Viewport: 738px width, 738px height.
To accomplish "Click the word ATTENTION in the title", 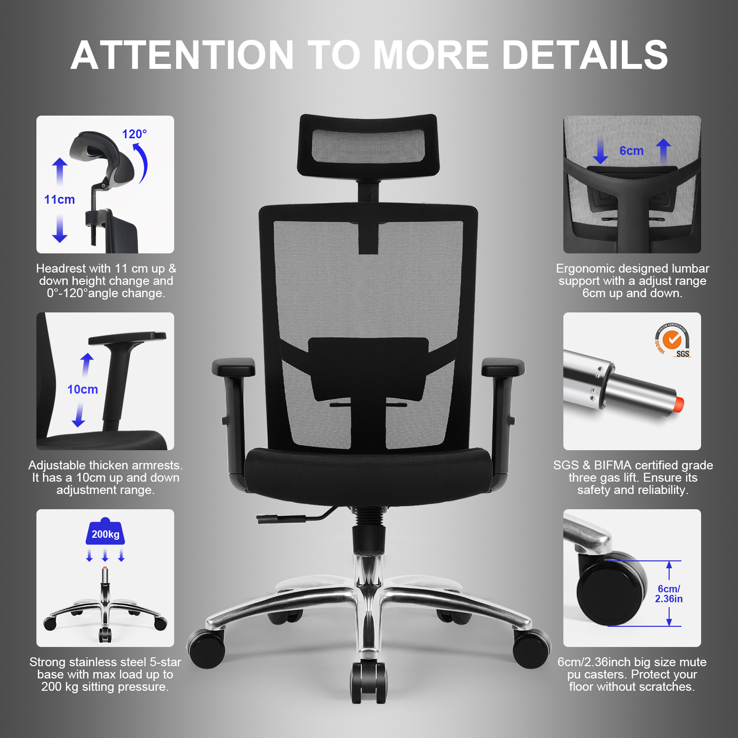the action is pos(183,55).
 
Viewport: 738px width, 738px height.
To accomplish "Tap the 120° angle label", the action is pos(134,134).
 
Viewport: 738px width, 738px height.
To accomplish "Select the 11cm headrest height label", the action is pos(60,199).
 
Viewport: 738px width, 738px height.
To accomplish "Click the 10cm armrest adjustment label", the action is pos(83,389).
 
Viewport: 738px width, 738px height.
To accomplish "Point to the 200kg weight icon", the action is pos(105,531).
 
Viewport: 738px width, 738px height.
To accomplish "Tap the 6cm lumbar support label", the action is pos(631,151).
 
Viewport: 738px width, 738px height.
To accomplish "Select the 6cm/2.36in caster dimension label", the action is pos(669,593).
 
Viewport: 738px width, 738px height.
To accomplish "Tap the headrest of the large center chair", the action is pos(368,145).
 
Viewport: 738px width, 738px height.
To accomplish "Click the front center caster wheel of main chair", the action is pos(369,681).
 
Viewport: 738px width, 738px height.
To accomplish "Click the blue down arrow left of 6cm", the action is pos(600,151).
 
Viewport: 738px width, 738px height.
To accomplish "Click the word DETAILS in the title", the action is pos(584,55).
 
